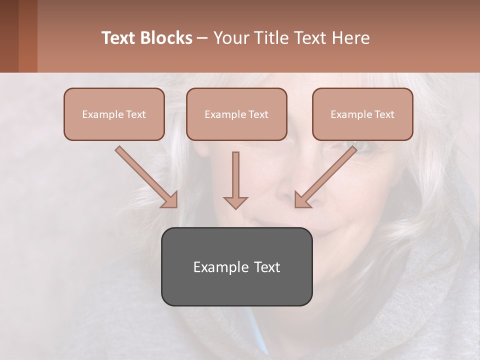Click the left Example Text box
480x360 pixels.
114,114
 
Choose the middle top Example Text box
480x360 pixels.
236,114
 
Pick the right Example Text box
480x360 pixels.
362,114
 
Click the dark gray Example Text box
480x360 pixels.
236,266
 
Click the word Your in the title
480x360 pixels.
230,38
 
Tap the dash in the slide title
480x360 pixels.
202,38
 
